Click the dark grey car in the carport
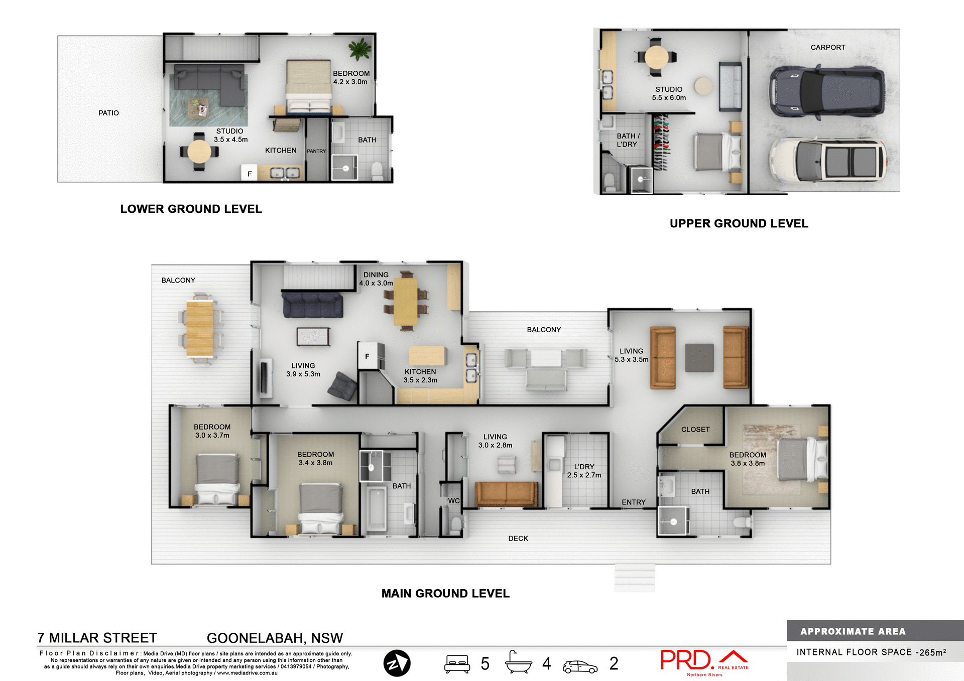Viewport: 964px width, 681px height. click(x=826, y=92)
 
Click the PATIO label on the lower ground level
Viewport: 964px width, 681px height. click(x=108, y=113)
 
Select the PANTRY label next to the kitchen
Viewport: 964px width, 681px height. click(x=316, y=151)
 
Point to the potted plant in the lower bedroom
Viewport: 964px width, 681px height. click(x=360, y=49)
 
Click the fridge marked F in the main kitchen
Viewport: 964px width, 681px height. click(x=368, y=356)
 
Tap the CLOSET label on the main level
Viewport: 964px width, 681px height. click(x=695, y=430)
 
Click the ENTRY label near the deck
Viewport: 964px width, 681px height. click(x=634, y=502)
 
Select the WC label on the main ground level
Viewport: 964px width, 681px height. click(x=454, y=501)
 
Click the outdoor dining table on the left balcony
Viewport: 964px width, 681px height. click(x=200, y=329)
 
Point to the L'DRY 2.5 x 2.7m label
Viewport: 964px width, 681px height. click(x=584, y=471)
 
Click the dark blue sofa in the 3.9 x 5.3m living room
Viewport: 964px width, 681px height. click(x=312, y=305)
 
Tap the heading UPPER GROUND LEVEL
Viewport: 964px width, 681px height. click(x=739, y=224)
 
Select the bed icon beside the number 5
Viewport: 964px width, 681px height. click(x=457, y=663)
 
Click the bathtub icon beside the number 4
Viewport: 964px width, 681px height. click(x=518, y=662)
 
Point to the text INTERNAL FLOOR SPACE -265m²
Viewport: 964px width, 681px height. click(x=871, y=652)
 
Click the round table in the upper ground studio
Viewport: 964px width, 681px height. click(x=656, y=57)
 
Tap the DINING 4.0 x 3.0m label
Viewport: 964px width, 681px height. click(x=376, y=279)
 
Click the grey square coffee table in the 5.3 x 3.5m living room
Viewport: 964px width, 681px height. click(x=699, y=358)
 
